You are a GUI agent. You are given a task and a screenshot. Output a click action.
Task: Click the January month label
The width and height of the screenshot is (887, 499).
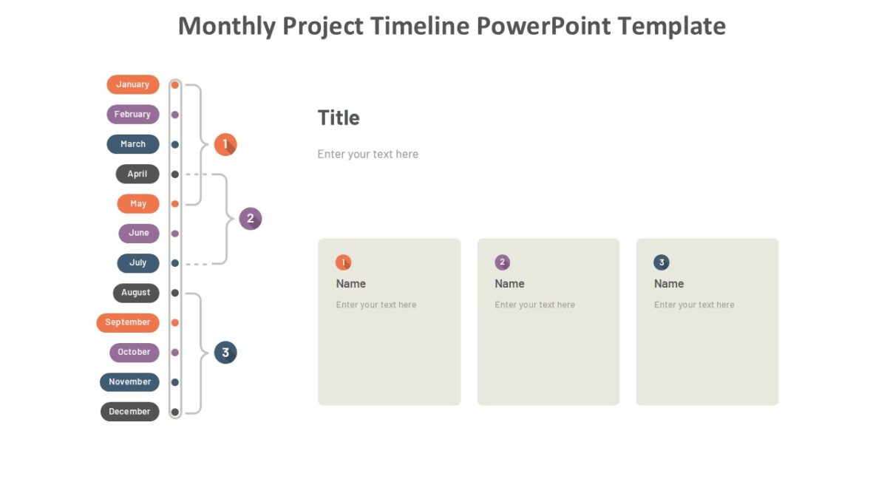(133, 84)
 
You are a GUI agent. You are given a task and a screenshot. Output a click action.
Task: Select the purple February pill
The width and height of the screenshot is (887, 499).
(133, 115)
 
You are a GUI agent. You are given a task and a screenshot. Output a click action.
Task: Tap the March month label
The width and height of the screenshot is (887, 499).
(133, 144)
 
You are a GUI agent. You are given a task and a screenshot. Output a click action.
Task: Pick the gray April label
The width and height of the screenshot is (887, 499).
(137, 174)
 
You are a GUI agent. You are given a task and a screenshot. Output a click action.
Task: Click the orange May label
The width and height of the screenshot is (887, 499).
(138, 203)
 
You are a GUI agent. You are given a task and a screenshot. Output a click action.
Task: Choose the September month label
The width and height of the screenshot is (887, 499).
(128, 322)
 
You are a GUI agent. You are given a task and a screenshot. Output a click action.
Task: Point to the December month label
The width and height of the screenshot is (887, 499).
(130, 412)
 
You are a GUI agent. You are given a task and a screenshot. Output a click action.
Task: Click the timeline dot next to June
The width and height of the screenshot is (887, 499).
(175, 234)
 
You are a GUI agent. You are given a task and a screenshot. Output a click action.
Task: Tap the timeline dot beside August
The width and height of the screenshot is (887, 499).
(175, 293)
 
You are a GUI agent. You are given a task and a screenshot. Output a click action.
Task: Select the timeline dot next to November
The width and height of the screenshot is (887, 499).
(175, 382)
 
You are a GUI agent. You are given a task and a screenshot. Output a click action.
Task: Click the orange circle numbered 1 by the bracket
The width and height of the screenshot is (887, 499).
(225, 145)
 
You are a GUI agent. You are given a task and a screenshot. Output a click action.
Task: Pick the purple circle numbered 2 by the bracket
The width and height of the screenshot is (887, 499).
(251, 219)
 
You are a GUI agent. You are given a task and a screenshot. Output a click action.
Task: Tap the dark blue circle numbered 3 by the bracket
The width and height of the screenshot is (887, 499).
(225, 353)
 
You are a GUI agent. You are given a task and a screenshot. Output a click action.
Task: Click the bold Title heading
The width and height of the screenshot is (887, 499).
(339, 118)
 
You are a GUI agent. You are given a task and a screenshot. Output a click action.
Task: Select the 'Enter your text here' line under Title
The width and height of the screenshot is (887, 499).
(368, 155)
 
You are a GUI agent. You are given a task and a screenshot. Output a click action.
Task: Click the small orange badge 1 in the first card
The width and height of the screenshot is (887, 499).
(343, 262)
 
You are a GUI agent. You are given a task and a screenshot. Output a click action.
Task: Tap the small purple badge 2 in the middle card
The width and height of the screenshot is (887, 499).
(503, 262)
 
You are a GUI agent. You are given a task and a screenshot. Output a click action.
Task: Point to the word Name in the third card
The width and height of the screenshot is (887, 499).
(669, 284)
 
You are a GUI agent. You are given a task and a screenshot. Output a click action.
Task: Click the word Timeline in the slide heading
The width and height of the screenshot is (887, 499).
(421, 27)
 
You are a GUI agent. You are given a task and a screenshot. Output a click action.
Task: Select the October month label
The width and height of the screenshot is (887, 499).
(135, 353)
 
